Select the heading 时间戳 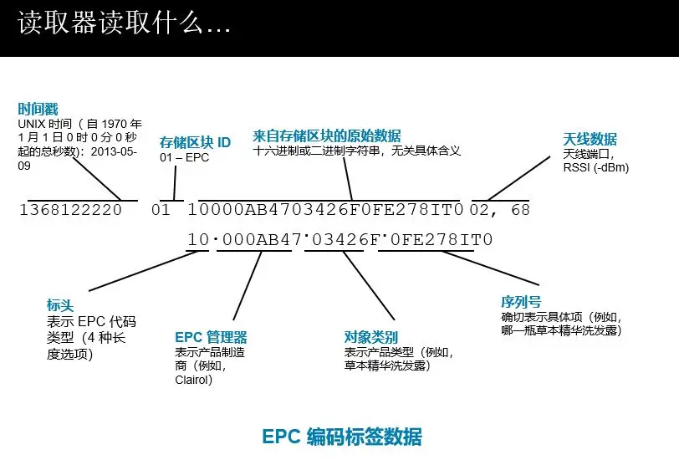point(38,110)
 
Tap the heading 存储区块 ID point(195,143)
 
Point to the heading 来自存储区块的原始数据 point(326,135)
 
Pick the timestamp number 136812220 point(70,210)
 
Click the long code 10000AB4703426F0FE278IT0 point(325,210)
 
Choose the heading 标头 point(61,306)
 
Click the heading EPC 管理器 point(211,337)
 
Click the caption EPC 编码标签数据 point(342,437)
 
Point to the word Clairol point(195,379)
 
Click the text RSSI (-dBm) point(596,166)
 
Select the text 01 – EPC point(185,157)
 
